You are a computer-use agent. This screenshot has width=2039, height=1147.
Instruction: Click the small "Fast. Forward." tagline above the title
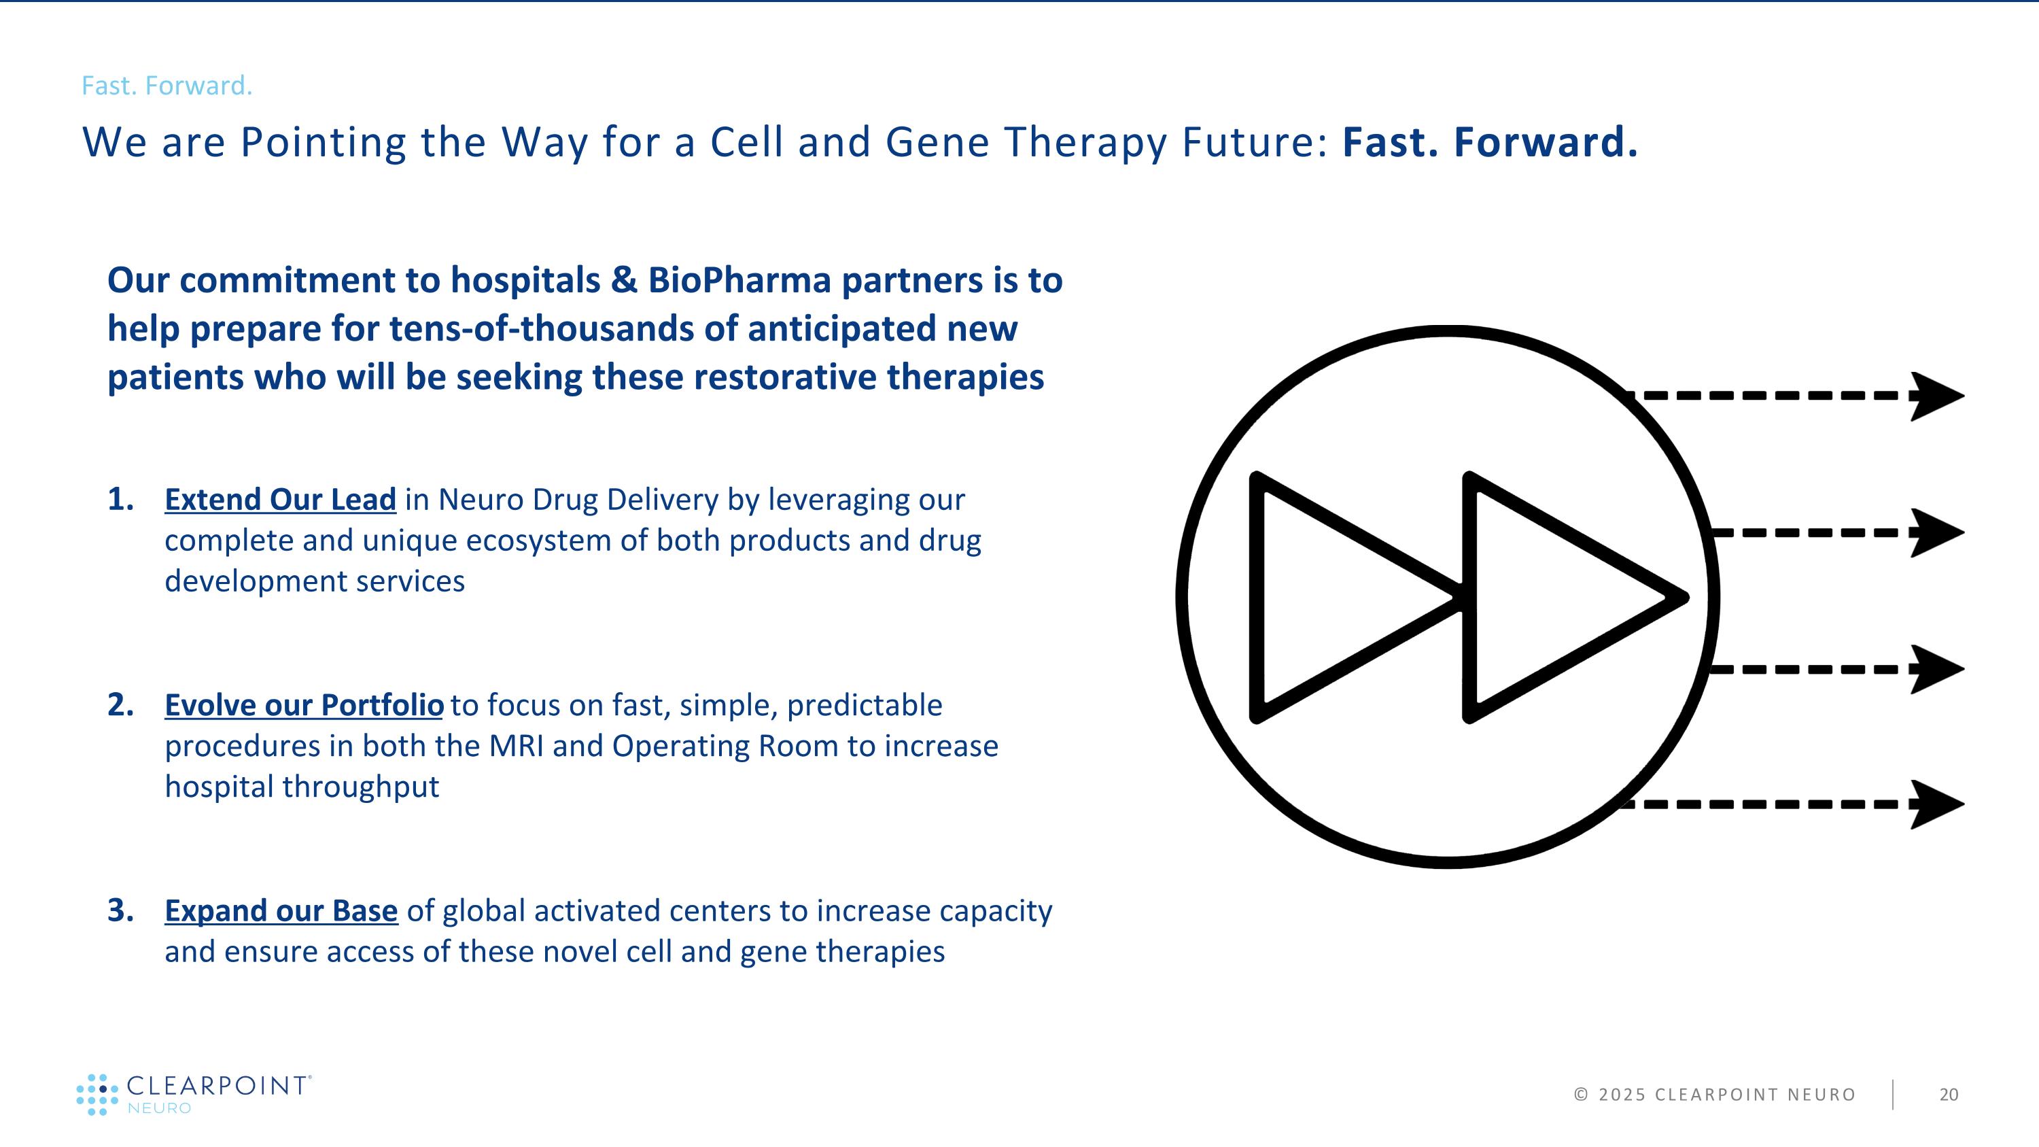pyautogui.click(x=167, y=86)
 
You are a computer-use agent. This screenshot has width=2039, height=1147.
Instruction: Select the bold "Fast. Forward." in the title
pyautogui.click(x=1490, y=143)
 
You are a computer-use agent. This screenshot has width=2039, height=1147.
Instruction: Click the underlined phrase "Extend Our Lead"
pyautogui.click(x=280, y=500)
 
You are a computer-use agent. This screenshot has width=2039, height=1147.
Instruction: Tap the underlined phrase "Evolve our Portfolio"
pyautogui.click(x=304, y=705)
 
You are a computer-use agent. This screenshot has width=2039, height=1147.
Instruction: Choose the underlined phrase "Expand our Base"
pyautogui.click(x=281, y=911)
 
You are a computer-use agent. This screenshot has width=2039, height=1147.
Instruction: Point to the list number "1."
pyautogui.click(x=120, y=500)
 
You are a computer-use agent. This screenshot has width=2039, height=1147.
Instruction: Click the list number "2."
pyautogui.click(x=120, y=705)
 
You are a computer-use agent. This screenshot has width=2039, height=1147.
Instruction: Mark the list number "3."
pyautogui.click(x=120, y=911)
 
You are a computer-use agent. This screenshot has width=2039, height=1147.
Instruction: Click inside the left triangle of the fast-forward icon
pyautogui.click(x=1330, y=598)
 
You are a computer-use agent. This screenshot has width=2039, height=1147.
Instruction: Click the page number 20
pyautogui.click(x=1949, y=1095)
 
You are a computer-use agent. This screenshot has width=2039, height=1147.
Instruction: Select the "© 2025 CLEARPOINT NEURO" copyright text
pyautogui.click(x=1715, y=1095)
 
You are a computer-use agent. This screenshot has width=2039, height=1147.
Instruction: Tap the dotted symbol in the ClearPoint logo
pyautogui.click(x=97, y=1095)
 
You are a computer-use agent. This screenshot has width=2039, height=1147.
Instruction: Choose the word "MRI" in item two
pyautogui.click(x=516, y=746)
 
